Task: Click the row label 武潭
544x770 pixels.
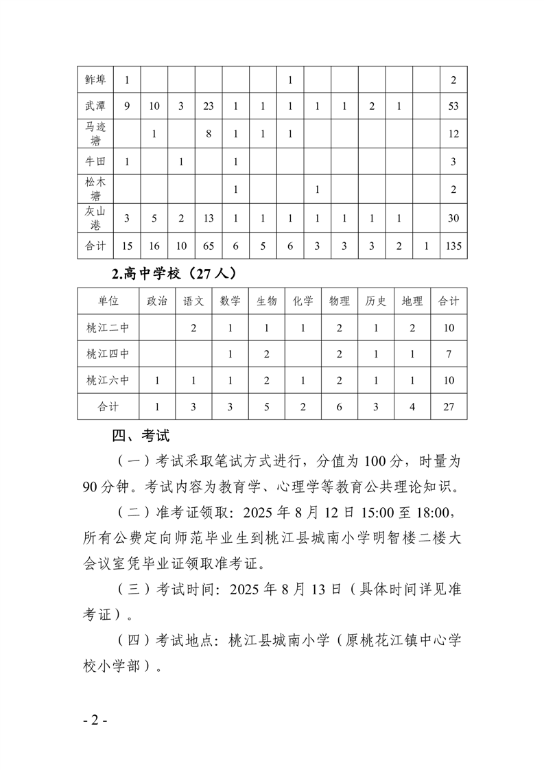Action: tap(95, 106)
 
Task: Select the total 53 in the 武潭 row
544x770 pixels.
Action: tap(453, 106)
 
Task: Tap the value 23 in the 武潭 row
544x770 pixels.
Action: tap(209, 106)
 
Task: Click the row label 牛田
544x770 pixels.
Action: tap(95, 162)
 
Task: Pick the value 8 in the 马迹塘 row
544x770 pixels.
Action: tap(209, 135)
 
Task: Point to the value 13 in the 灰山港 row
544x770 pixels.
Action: tap(209, 218)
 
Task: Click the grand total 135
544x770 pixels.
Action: tap(453, 246)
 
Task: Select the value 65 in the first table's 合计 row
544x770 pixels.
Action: tap(209, 246)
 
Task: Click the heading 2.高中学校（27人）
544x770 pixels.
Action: tap(175, 274)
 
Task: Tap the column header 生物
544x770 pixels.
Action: tap(266, 301)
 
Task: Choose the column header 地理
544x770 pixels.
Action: tap(412, 301)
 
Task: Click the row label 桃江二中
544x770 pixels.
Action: tap(108, 327)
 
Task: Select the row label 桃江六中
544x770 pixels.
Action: tap(108, 380)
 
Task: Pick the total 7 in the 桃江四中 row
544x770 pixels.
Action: tap(449, 354)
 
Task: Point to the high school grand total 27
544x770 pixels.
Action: tap(449, 406)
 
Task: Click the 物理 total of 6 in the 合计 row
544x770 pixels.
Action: tap(340, 406)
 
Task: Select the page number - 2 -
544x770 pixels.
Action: tap(95, 721)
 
